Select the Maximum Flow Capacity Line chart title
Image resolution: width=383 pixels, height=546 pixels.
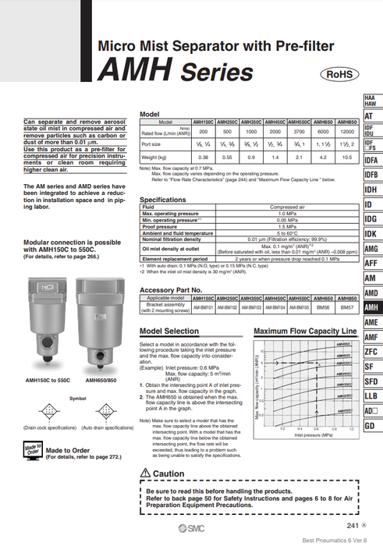click(305, 331)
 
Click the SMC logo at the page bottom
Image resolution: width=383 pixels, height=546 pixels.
click(183, 528)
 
